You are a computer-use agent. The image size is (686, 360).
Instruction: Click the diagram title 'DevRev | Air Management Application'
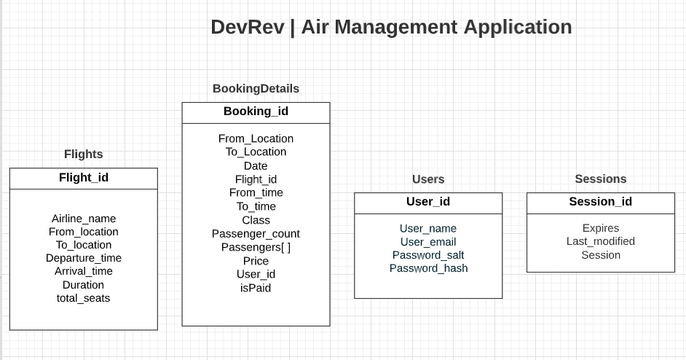pos(391,27)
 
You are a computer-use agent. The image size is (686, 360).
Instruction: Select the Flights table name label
pos(84,154)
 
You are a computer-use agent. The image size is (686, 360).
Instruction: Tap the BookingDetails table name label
pos(256,88)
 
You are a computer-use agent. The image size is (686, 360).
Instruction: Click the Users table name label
pos(428,179)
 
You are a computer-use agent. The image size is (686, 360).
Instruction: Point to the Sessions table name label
pos(600,179)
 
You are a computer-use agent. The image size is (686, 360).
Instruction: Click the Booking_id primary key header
pos(256,111)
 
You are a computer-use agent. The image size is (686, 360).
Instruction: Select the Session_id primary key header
pos(600,202)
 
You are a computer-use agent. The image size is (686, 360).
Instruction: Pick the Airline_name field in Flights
pos(84,219)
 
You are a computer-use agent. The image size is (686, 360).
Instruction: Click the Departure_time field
pos(84,258)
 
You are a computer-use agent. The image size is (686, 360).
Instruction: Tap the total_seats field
pos(84,298)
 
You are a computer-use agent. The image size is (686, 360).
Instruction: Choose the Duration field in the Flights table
pos(84,285)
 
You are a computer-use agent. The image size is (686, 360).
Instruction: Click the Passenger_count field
pos(256,234)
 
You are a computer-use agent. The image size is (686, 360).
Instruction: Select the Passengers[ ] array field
pos(256,247)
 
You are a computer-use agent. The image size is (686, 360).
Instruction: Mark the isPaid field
pos(256,288)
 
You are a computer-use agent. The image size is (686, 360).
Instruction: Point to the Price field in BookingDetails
pos(256,261)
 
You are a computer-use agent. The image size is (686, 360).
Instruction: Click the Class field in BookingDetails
pos(256,220)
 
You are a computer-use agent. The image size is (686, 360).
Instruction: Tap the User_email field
pos(428,242)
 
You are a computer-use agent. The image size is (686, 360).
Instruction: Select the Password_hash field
pos(428,268)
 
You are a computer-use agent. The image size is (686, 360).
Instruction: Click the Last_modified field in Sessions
pos(600,241)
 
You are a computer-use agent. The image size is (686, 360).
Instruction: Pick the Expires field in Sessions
pos(600,228)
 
